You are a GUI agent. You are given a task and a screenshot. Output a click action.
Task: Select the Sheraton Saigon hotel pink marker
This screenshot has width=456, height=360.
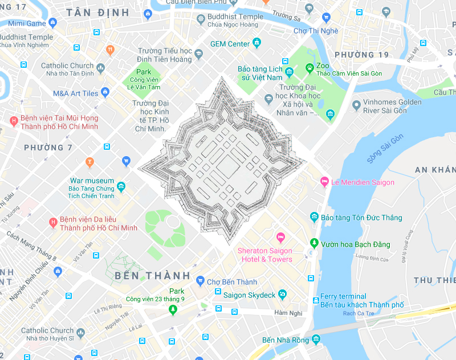[280, 237]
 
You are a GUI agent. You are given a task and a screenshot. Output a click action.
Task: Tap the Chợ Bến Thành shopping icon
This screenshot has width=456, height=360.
[200, 281]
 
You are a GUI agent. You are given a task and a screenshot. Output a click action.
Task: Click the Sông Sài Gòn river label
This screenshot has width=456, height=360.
[385, 149]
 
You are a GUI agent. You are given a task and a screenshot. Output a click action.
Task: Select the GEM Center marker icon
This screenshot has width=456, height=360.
[257, 43]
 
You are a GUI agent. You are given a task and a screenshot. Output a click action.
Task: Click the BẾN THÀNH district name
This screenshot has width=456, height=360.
[145, 276]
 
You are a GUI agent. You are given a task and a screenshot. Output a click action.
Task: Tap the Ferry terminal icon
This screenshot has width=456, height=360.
[316, 300]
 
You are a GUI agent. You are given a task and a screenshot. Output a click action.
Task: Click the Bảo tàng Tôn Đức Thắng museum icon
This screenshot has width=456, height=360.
[314, 217]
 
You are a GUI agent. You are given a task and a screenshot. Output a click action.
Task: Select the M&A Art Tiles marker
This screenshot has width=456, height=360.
[105, 92]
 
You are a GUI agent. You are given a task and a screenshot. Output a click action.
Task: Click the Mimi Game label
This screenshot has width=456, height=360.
[27, 23]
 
